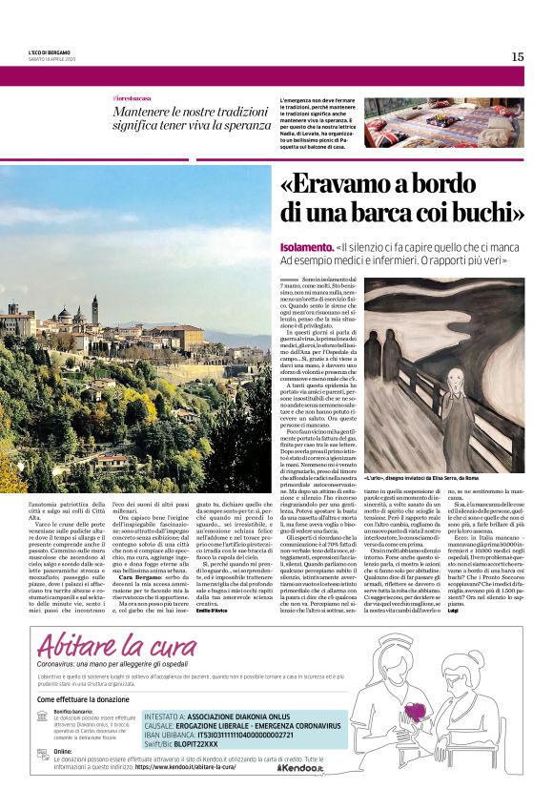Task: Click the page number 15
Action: point(517,56)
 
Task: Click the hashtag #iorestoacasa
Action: point(133,99)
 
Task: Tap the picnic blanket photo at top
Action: point(443,121)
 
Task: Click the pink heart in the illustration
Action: point(415,711)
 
